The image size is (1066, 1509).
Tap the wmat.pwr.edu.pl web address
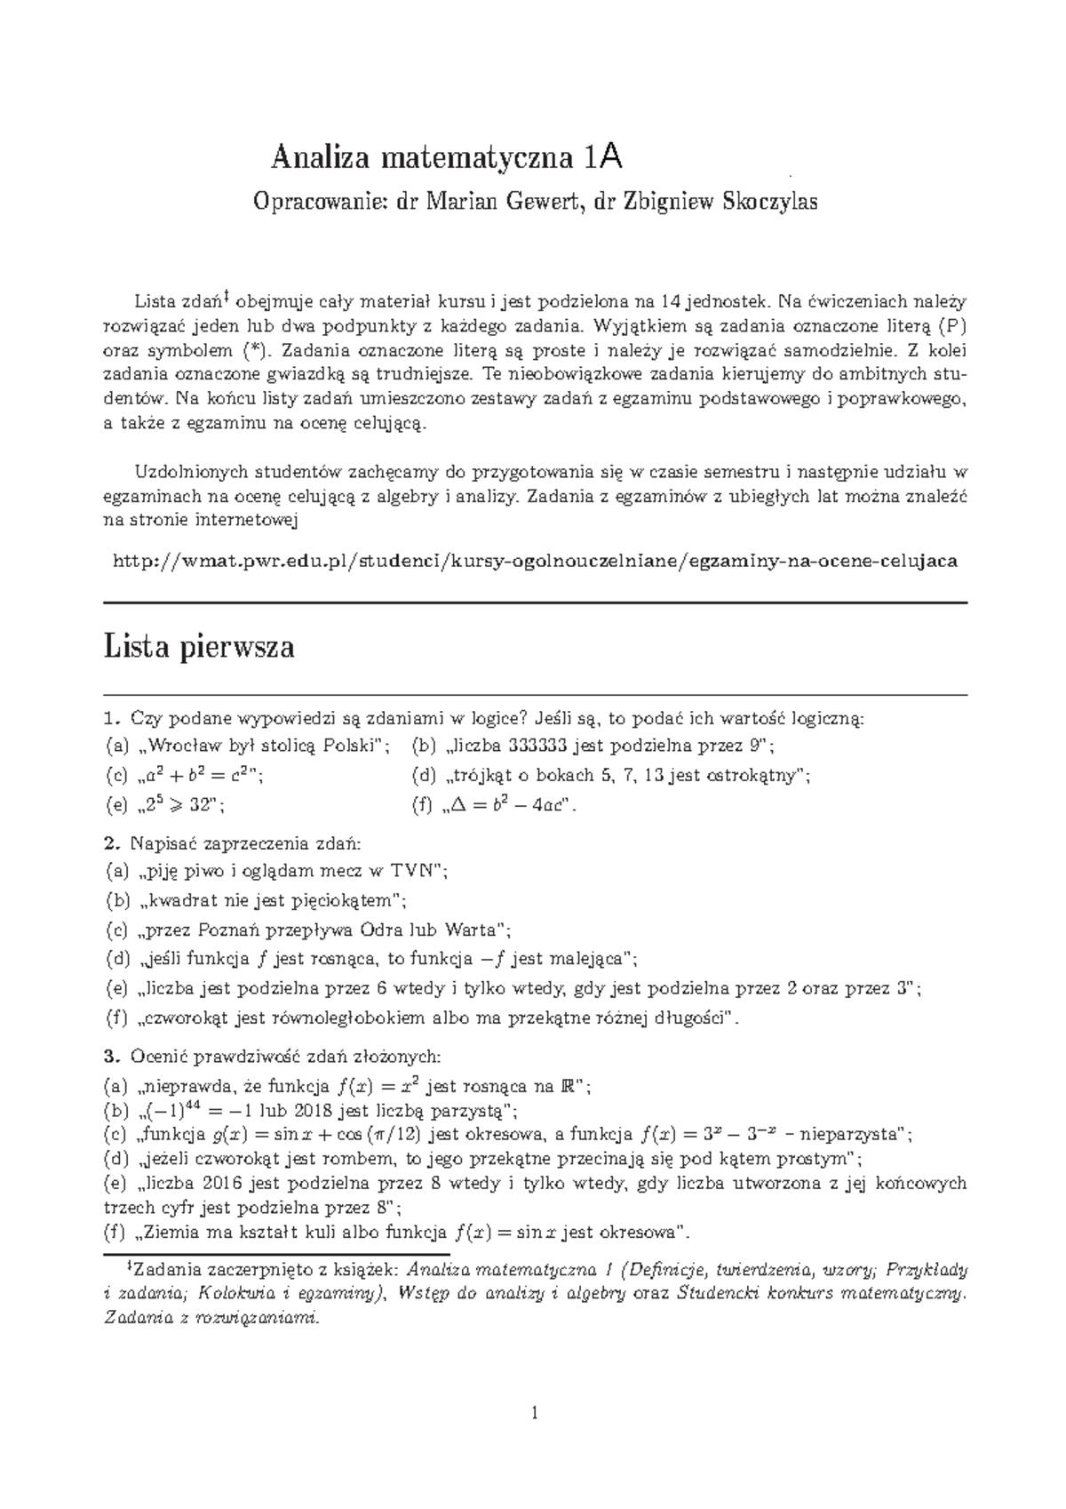click(536, 562)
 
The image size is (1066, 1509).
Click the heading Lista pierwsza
click(199, 647)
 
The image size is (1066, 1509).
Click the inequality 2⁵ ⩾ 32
click(183, 806)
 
